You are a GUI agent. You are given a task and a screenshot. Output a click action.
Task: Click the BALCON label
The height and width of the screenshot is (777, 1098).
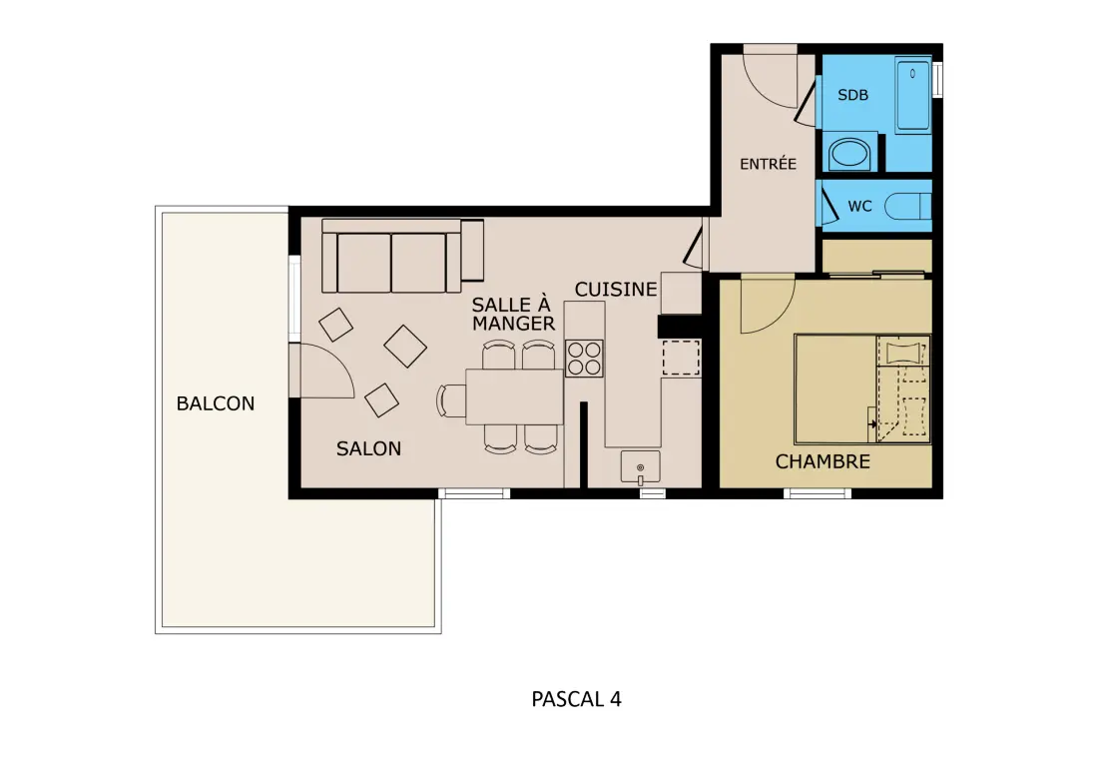point(215,403)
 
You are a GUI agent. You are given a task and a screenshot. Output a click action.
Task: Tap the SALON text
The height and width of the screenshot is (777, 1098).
point(368,448)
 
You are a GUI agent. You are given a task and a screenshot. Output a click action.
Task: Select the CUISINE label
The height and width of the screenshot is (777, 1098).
point(616,290)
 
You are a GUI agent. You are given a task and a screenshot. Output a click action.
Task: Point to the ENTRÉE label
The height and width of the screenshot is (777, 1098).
point(769,164)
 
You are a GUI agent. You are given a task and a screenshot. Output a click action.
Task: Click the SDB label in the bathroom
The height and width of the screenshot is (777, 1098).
point(852,95)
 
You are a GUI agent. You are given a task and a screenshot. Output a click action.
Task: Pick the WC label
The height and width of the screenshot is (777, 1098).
point(859,206)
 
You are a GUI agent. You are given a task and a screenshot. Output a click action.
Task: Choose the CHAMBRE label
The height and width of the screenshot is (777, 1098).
point(823,461)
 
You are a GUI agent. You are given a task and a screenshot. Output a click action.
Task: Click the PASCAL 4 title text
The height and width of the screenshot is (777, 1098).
point(576,699)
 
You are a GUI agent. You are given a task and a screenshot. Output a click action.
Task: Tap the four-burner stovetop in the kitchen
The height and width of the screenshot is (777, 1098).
point(585,358)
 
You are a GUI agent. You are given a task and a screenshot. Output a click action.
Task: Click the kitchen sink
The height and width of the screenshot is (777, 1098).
point(640,467)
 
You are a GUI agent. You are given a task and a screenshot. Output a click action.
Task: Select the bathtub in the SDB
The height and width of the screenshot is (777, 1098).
point(913,95)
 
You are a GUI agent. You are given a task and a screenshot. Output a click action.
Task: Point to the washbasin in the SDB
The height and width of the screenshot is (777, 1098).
point(849,153)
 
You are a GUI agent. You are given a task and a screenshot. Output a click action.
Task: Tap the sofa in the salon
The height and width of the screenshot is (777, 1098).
point(402,256)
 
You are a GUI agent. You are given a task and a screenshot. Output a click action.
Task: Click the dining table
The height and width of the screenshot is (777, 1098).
point(515,396)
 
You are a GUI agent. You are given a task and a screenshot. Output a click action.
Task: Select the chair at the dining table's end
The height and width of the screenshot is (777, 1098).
point(450,400)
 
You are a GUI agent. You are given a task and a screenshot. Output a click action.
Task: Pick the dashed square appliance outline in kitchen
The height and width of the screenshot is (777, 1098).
point(682,358)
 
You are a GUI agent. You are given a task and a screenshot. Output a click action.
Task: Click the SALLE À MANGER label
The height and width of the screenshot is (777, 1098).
point(513,314)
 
